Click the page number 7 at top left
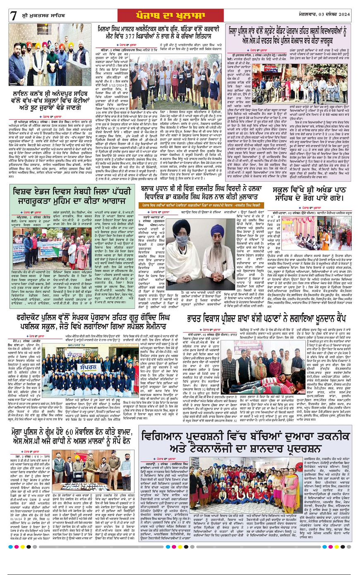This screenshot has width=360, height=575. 14,16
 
